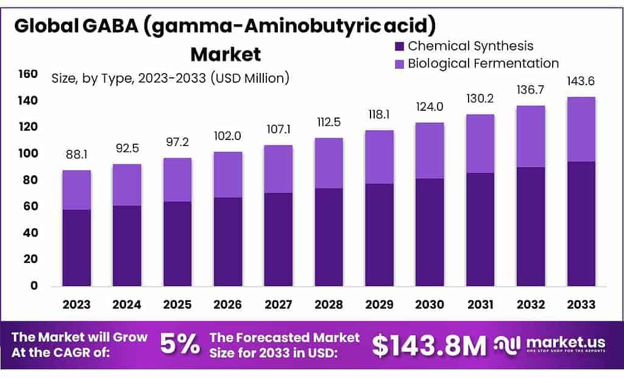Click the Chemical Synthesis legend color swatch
(400, 46)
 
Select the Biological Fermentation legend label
(483, 63)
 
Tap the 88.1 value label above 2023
(76, 155)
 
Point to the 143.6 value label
(581, 82)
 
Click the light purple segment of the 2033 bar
(581, 129)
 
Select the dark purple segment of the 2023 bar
(76, 248)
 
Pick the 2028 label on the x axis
(329, 304)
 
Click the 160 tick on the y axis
(28, 74)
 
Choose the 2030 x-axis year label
(430, 304)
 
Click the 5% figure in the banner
(180, 345)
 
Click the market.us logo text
(565, 342)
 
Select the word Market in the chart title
(225, 54)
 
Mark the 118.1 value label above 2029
(380, 114)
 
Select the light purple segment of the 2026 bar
(228, 175)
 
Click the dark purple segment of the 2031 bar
(481, 229)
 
